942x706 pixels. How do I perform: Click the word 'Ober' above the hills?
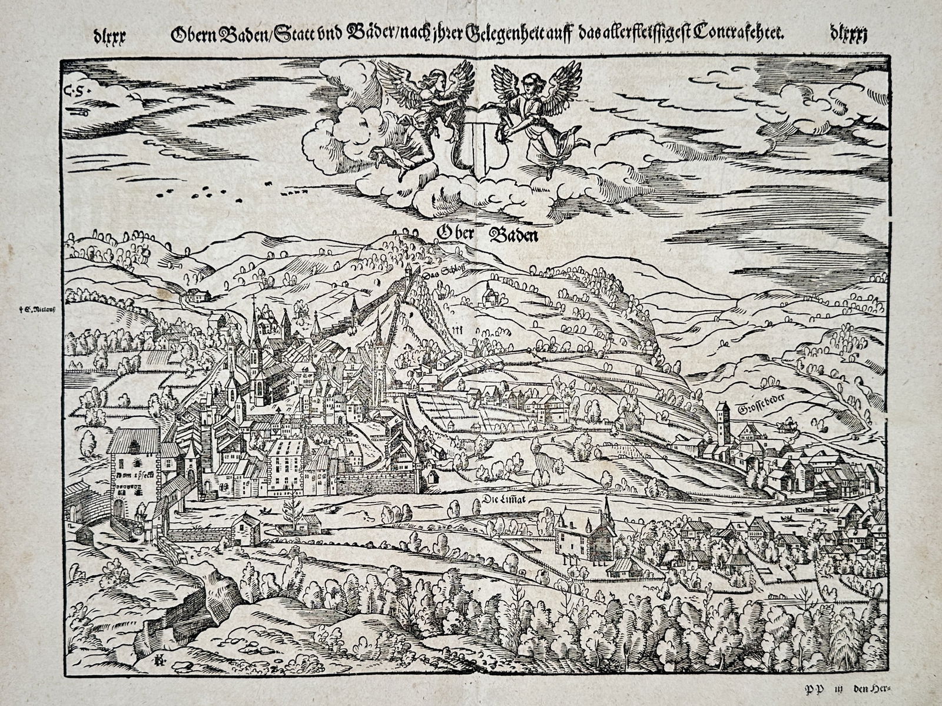[x=455, y=234]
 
